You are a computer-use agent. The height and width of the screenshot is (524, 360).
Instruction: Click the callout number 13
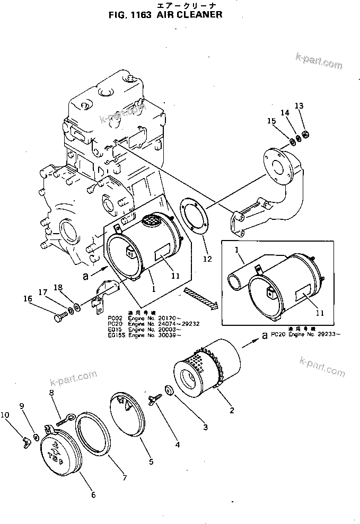point(299,106)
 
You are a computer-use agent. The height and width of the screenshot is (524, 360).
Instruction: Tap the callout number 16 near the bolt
point(42,299)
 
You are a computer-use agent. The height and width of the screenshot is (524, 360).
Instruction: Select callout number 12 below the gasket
point(207,259)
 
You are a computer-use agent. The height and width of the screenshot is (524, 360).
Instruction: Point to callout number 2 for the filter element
point(231,410)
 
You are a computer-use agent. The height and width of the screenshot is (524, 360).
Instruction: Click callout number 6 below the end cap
point(93,495)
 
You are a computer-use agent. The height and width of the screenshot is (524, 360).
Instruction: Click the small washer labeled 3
point(169,390)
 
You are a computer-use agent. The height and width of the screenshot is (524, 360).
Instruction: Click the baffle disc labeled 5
point(127,419)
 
